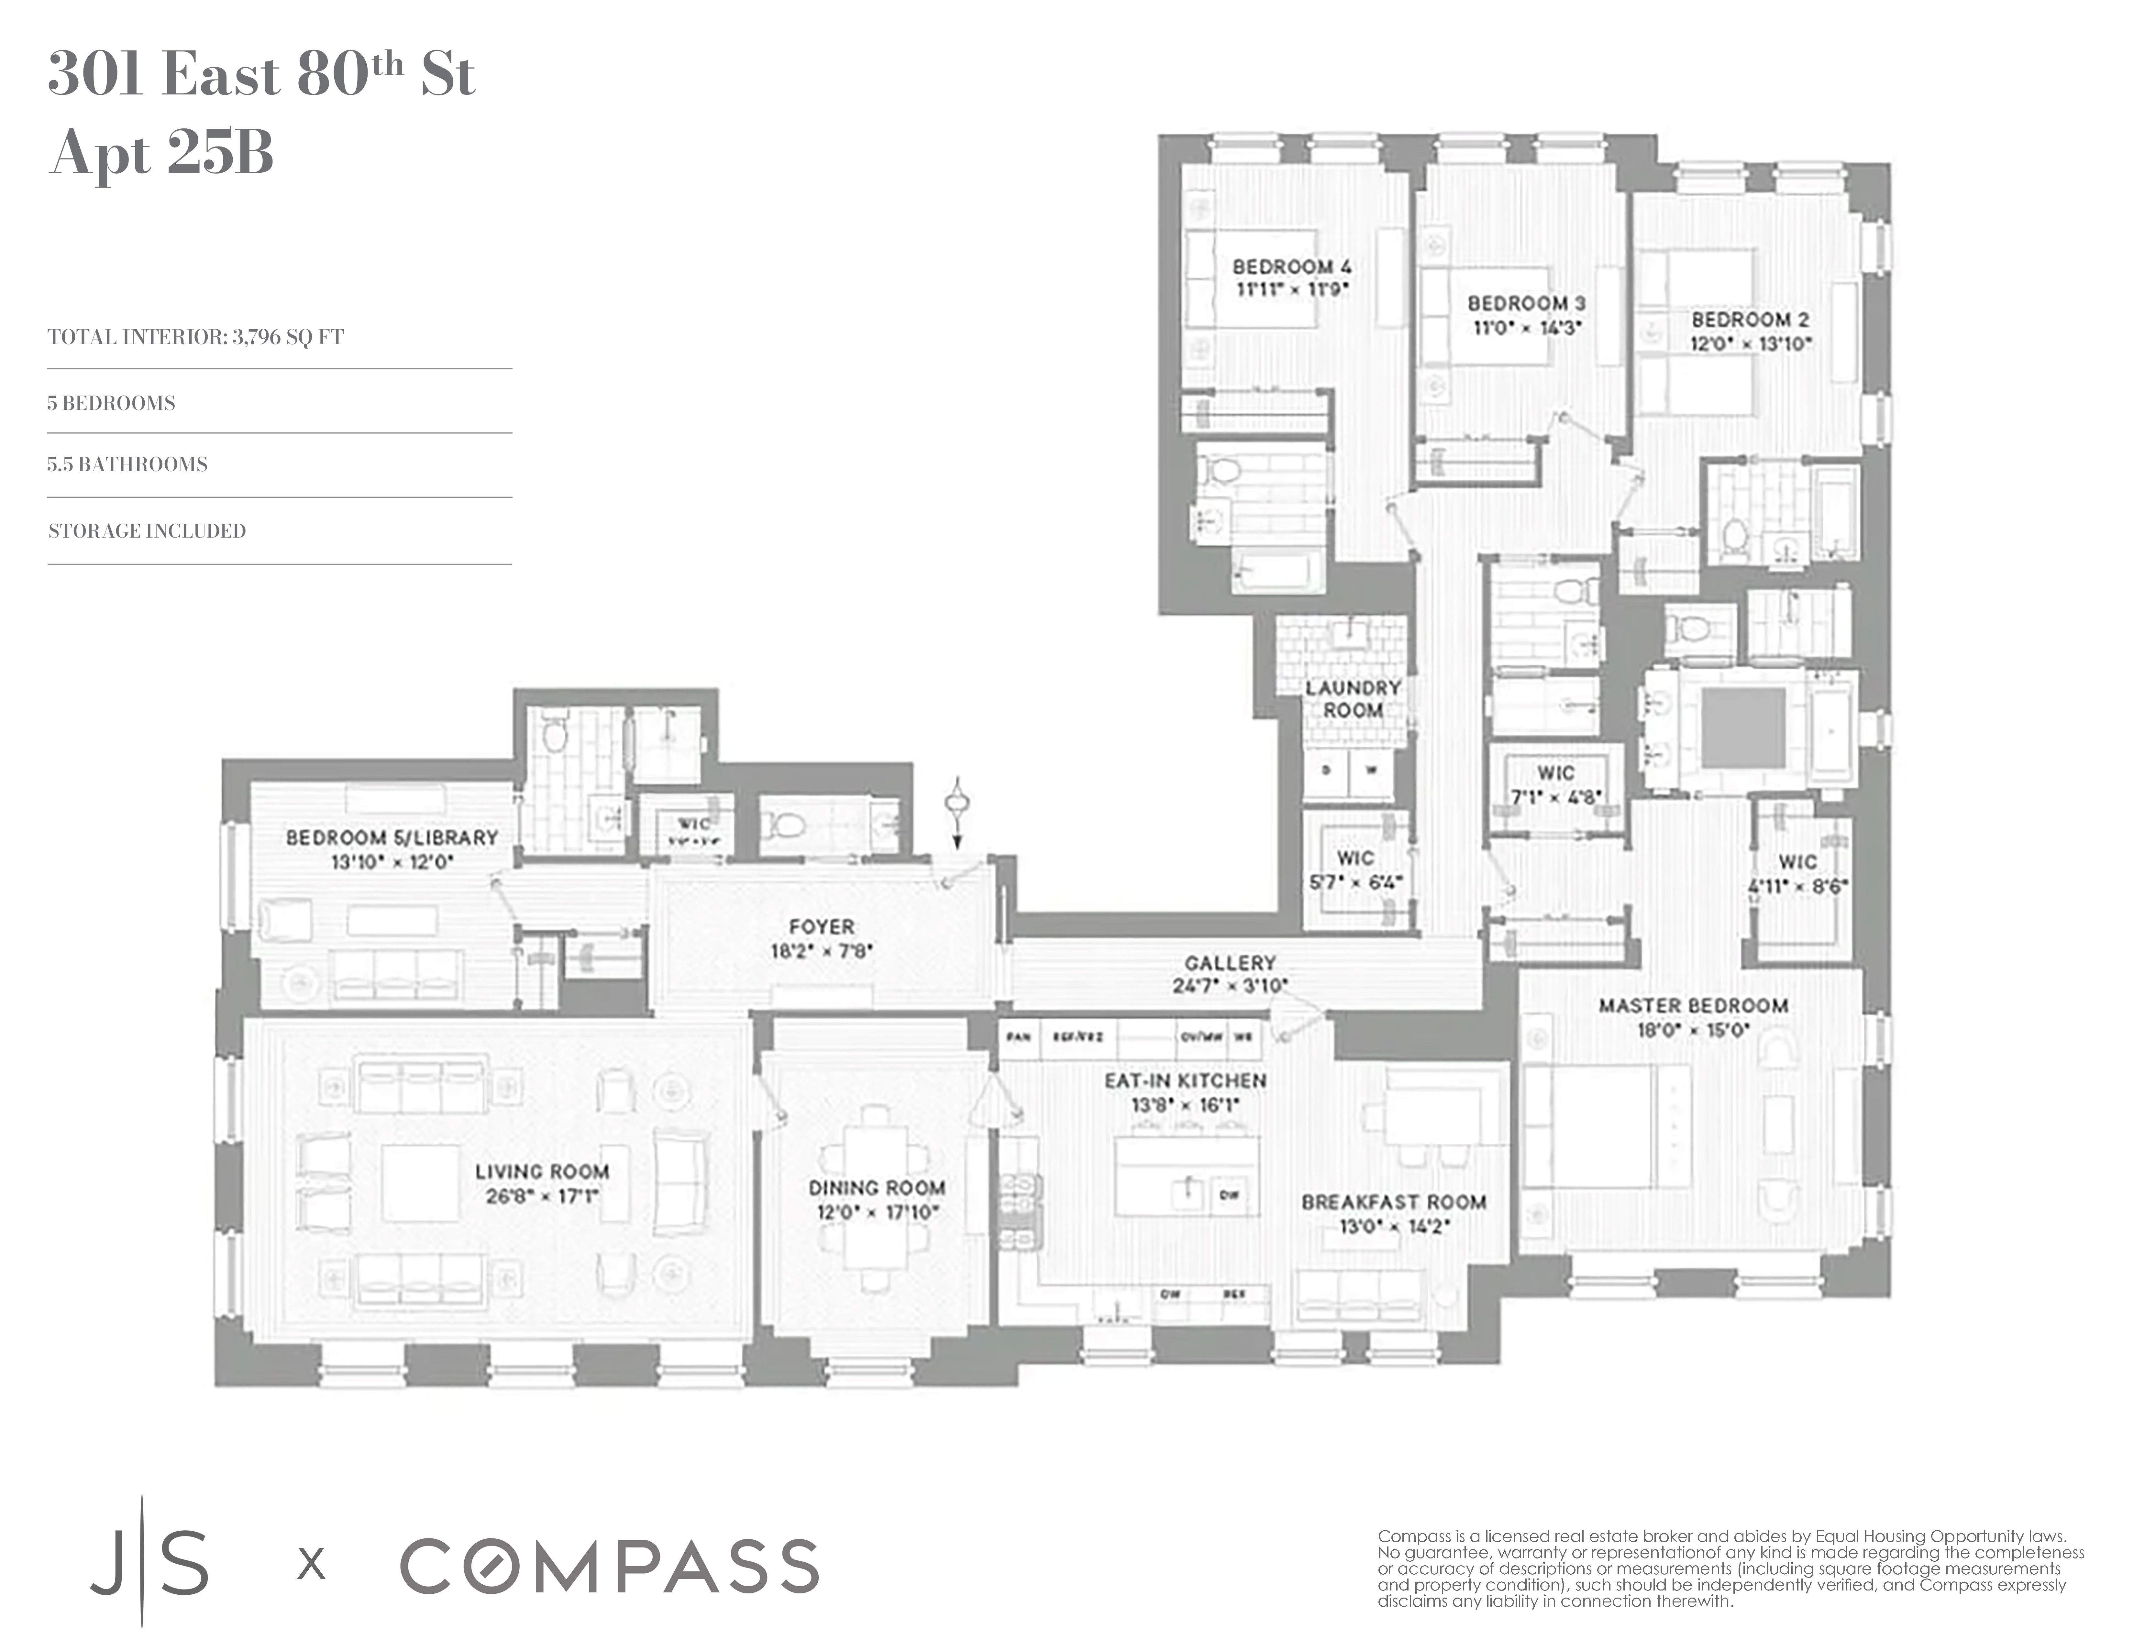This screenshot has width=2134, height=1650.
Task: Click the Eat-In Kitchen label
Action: point(1185,1080)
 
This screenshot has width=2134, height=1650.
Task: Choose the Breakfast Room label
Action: point(1393,1203)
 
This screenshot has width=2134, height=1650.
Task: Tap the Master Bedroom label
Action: point(1693,1005)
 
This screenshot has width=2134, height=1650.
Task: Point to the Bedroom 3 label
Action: point(1526,304)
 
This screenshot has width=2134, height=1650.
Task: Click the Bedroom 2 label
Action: point(1750,320)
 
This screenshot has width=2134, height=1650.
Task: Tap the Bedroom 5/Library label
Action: point(392,837)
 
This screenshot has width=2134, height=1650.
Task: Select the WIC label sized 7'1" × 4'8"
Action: point(1555,773)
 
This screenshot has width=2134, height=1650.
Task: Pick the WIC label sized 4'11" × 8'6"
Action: point(1798,862)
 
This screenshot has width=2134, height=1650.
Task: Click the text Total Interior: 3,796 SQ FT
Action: point(195,337)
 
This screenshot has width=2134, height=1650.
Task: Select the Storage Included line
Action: point(147,530)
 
